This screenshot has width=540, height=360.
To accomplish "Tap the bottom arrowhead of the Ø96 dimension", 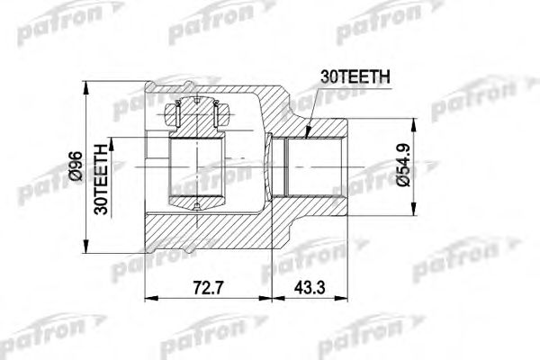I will tap(86, 255).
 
